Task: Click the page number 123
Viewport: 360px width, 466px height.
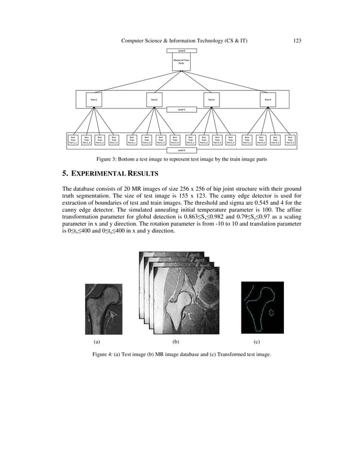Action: pyautogui.click(x=297, y=40)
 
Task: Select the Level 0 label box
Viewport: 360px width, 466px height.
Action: pyautogui.click(x=181, y=51)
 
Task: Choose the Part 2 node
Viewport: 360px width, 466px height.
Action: pyautogui.click(x=155, y=99)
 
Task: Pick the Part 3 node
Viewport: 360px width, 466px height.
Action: pyautogui.click(x=212, y=99)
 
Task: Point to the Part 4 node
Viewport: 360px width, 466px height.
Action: pyautogui.click(x=269, y=99)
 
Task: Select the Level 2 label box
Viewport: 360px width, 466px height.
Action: pyautogui.click(x=181, y=150)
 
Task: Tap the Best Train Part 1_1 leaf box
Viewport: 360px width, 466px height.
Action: pyautogui.click(x=72, y=140)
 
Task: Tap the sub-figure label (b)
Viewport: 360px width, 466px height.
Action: pyautogui.click(x=175, y=342)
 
